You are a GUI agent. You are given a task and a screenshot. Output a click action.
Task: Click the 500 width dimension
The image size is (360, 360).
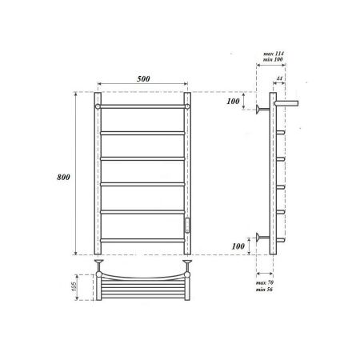[x=143, y=79]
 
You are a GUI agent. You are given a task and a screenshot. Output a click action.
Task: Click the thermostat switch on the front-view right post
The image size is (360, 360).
[x=189, y=225]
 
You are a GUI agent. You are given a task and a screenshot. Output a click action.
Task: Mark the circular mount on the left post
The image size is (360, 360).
[x=98, y=105]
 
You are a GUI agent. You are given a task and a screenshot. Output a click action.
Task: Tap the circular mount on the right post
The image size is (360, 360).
[x=189, y=105]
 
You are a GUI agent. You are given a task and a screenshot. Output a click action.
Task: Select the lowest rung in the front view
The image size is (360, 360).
[x=143, y=239]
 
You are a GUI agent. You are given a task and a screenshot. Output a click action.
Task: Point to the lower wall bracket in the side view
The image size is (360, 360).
[x=262, y=237]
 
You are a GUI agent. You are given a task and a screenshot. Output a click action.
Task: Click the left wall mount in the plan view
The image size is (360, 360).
[x=98, y=262]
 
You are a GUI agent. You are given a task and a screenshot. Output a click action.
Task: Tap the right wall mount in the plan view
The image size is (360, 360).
[x=189, y=262]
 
